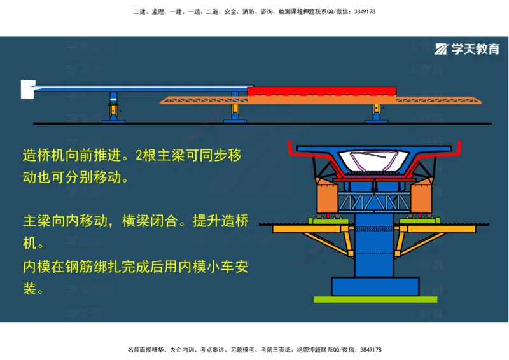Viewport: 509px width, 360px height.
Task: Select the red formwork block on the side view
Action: [321, 91]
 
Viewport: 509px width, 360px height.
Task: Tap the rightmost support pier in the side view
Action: [377, 111]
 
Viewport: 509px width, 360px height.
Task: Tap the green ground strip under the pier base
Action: [375, 299]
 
